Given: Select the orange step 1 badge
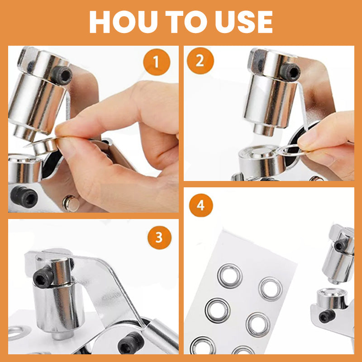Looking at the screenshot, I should pyautogui.click(x=156, y=61).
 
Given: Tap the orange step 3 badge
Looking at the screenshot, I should pyautogui.click(x=159, y=237).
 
